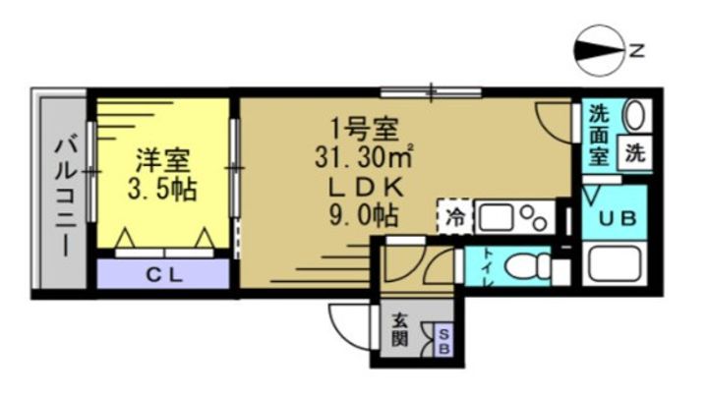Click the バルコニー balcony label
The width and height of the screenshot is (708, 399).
[x=65, y=195]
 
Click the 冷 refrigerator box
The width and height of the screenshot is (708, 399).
[x=455, y=215]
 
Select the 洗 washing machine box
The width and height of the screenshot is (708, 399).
[x=635, y=153]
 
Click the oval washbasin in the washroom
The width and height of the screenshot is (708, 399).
[x=635, y=115]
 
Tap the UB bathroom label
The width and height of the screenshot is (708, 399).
[x=617, y=216]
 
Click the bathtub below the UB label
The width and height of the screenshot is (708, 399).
[x=617, y=264]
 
